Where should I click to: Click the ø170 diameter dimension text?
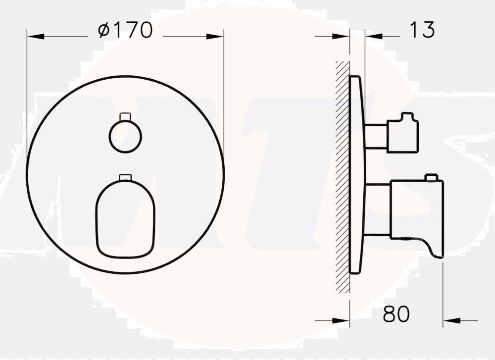[x=125, y=31]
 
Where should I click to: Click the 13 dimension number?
[x=422, y=31]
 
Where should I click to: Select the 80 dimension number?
[x=396, y=313]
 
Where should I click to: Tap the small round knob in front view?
[x=125, y=136]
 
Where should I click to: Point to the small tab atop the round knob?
[x=125, y=116]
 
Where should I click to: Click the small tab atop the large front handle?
[x=126, y=177]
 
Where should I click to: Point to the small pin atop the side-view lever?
[x=432, y=177]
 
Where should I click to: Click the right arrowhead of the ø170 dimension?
[x=215, y=37]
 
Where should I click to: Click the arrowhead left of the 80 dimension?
[x=342, y=321]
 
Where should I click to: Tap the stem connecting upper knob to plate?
[x=376, y=136]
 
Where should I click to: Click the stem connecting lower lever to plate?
[x=377, y=209]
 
